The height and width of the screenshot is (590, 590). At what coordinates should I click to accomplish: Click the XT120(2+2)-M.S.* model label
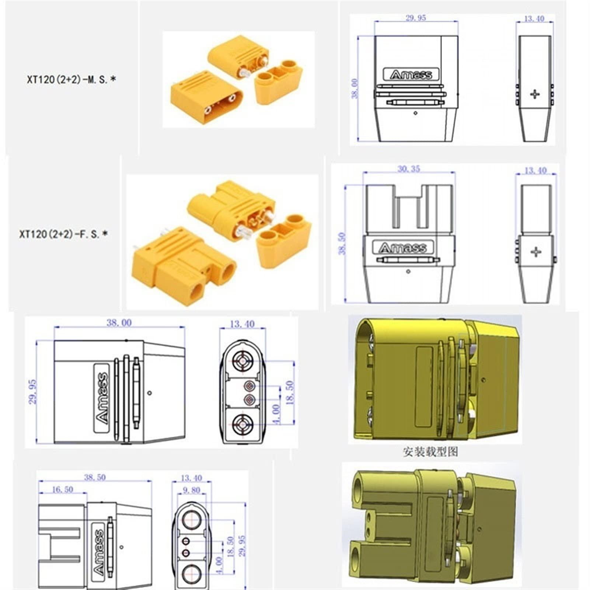(71, 79)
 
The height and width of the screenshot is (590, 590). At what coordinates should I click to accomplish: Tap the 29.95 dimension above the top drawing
(416, 18)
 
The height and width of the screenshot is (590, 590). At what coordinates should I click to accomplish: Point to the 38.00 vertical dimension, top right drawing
(355, 88)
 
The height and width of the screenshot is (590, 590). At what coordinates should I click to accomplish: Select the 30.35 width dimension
(409, 169)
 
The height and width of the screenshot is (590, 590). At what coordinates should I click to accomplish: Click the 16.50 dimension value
(62, 489)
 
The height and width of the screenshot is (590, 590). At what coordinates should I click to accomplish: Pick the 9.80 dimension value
(191, 490)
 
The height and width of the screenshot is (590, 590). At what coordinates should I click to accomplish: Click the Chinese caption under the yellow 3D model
(430, 451)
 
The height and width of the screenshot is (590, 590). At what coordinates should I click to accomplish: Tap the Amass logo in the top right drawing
(411, 75)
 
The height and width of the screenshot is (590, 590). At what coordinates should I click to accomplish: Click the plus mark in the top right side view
(535, 94)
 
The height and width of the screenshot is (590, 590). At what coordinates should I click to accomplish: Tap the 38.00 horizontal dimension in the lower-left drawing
(119, 323)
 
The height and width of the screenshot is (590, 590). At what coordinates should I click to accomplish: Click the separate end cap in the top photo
(279, 82)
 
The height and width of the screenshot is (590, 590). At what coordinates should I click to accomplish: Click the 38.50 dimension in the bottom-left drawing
(95, 477)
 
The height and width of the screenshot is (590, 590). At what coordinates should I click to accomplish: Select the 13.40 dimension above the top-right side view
(534, 18)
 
